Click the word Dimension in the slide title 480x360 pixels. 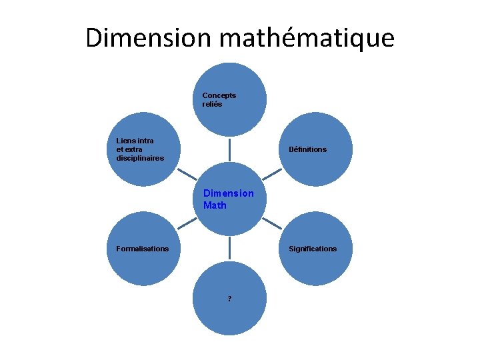(150, 37)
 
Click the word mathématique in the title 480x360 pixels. (307, 37)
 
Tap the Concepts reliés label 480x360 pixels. (219, 100)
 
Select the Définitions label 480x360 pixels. (307, 149)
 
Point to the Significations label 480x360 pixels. (312, 249)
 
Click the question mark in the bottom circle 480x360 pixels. (229, 299)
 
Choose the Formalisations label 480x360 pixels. (142, 249)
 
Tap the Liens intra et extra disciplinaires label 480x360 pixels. (139, 149)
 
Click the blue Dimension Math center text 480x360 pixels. (228, 199)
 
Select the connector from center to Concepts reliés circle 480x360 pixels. (230, 150)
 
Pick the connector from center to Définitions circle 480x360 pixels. (273, 175)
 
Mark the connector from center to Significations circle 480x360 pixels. (273, 224)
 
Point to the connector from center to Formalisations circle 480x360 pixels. (187, 224)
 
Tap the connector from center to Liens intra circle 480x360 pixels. (187, 175)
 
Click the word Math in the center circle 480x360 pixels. (215, 205)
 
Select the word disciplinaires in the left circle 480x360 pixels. (139, 158)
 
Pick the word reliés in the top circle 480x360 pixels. (212, 105)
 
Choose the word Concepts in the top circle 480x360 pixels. (219, 95)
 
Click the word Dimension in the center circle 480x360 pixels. (228, 193)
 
